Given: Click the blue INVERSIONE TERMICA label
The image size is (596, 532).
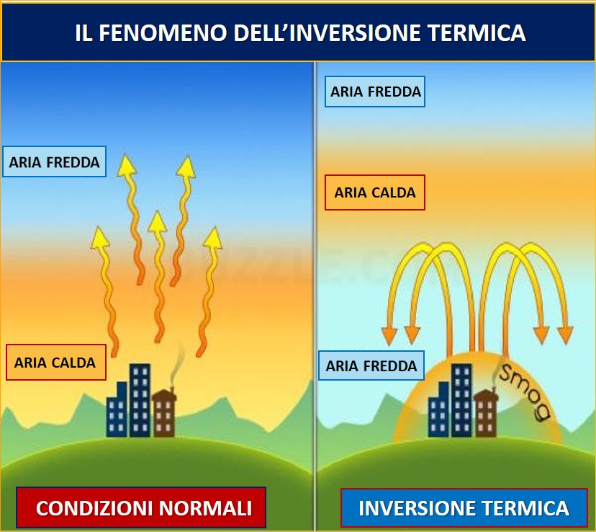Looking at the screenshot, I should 464,507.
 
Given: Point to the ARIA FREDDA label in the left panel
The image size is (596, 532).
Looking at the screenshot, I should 55,162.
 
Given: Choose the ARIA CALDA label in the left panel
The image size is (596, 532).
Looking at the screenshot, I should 55,362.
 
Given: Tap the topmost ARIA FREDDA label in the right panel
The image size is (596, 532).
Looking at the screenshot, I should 375,92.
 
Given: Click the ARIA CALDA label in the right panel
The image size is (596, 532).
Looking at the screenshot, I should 375,192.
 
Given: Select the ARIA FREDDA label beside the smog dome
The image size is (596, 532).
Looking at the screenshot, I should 371,365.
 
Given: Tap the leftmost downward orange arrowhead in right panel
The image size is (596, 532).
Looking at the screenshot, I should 389,335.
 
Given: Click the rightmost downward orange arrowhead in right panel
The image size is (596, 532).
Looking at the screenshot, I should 566,335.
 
